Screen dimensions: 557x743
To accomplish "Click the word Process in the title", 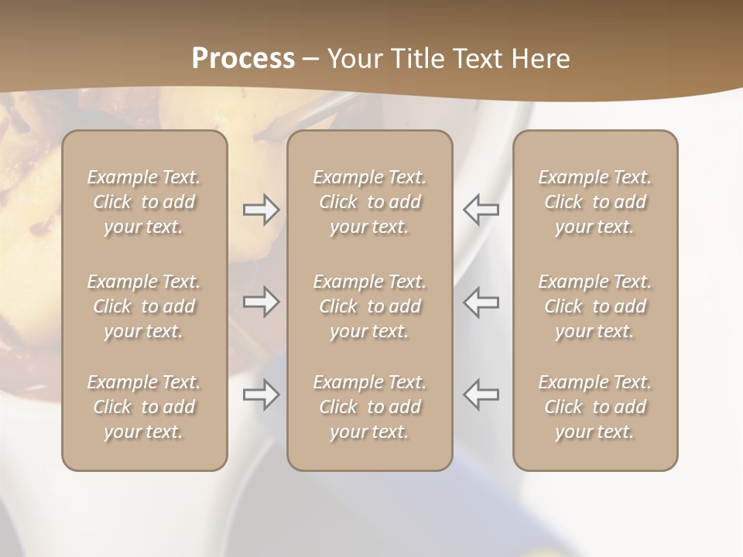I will [x=243, y=59].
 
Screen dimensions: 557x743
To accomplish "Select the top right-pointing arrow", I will [x=262, y=210].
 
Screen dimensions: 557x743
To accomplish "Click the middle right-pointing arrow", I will [x=262, y=302].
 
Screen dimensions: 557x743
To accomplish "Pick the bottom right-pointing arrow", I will [x=262, y=395].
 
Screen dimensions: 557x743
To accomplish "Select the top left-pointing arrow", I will [x=481, y=210].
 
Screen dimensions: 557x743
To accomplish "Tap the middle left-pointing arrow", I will [x=481, y=302].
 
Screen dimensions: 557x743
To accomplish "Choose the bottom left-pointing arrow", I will [x=481, y=395].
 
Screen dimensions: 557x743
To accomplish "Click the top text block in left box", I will [x=144, y=202].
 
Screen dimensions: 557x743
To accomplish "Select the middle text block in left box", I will [x=144, y=306].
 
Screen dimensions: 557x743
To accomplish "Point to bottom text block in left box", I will [x=144, y=407].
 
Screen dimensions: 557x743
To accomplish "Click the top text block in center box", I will [x=369, y=202].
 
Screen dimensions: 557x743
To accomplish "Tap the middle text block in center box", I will [x=369, y=306].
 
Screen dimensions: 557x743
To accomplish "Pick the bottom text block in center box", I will [x=369, y=407].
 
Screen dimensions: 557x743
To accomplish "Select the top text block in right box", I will [x=594, y=202].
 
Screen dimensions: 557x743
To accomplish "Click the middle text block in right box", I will [x=594, y=306].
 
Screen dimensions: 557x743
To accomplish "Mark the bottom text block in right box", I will [x=594, y=407].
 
